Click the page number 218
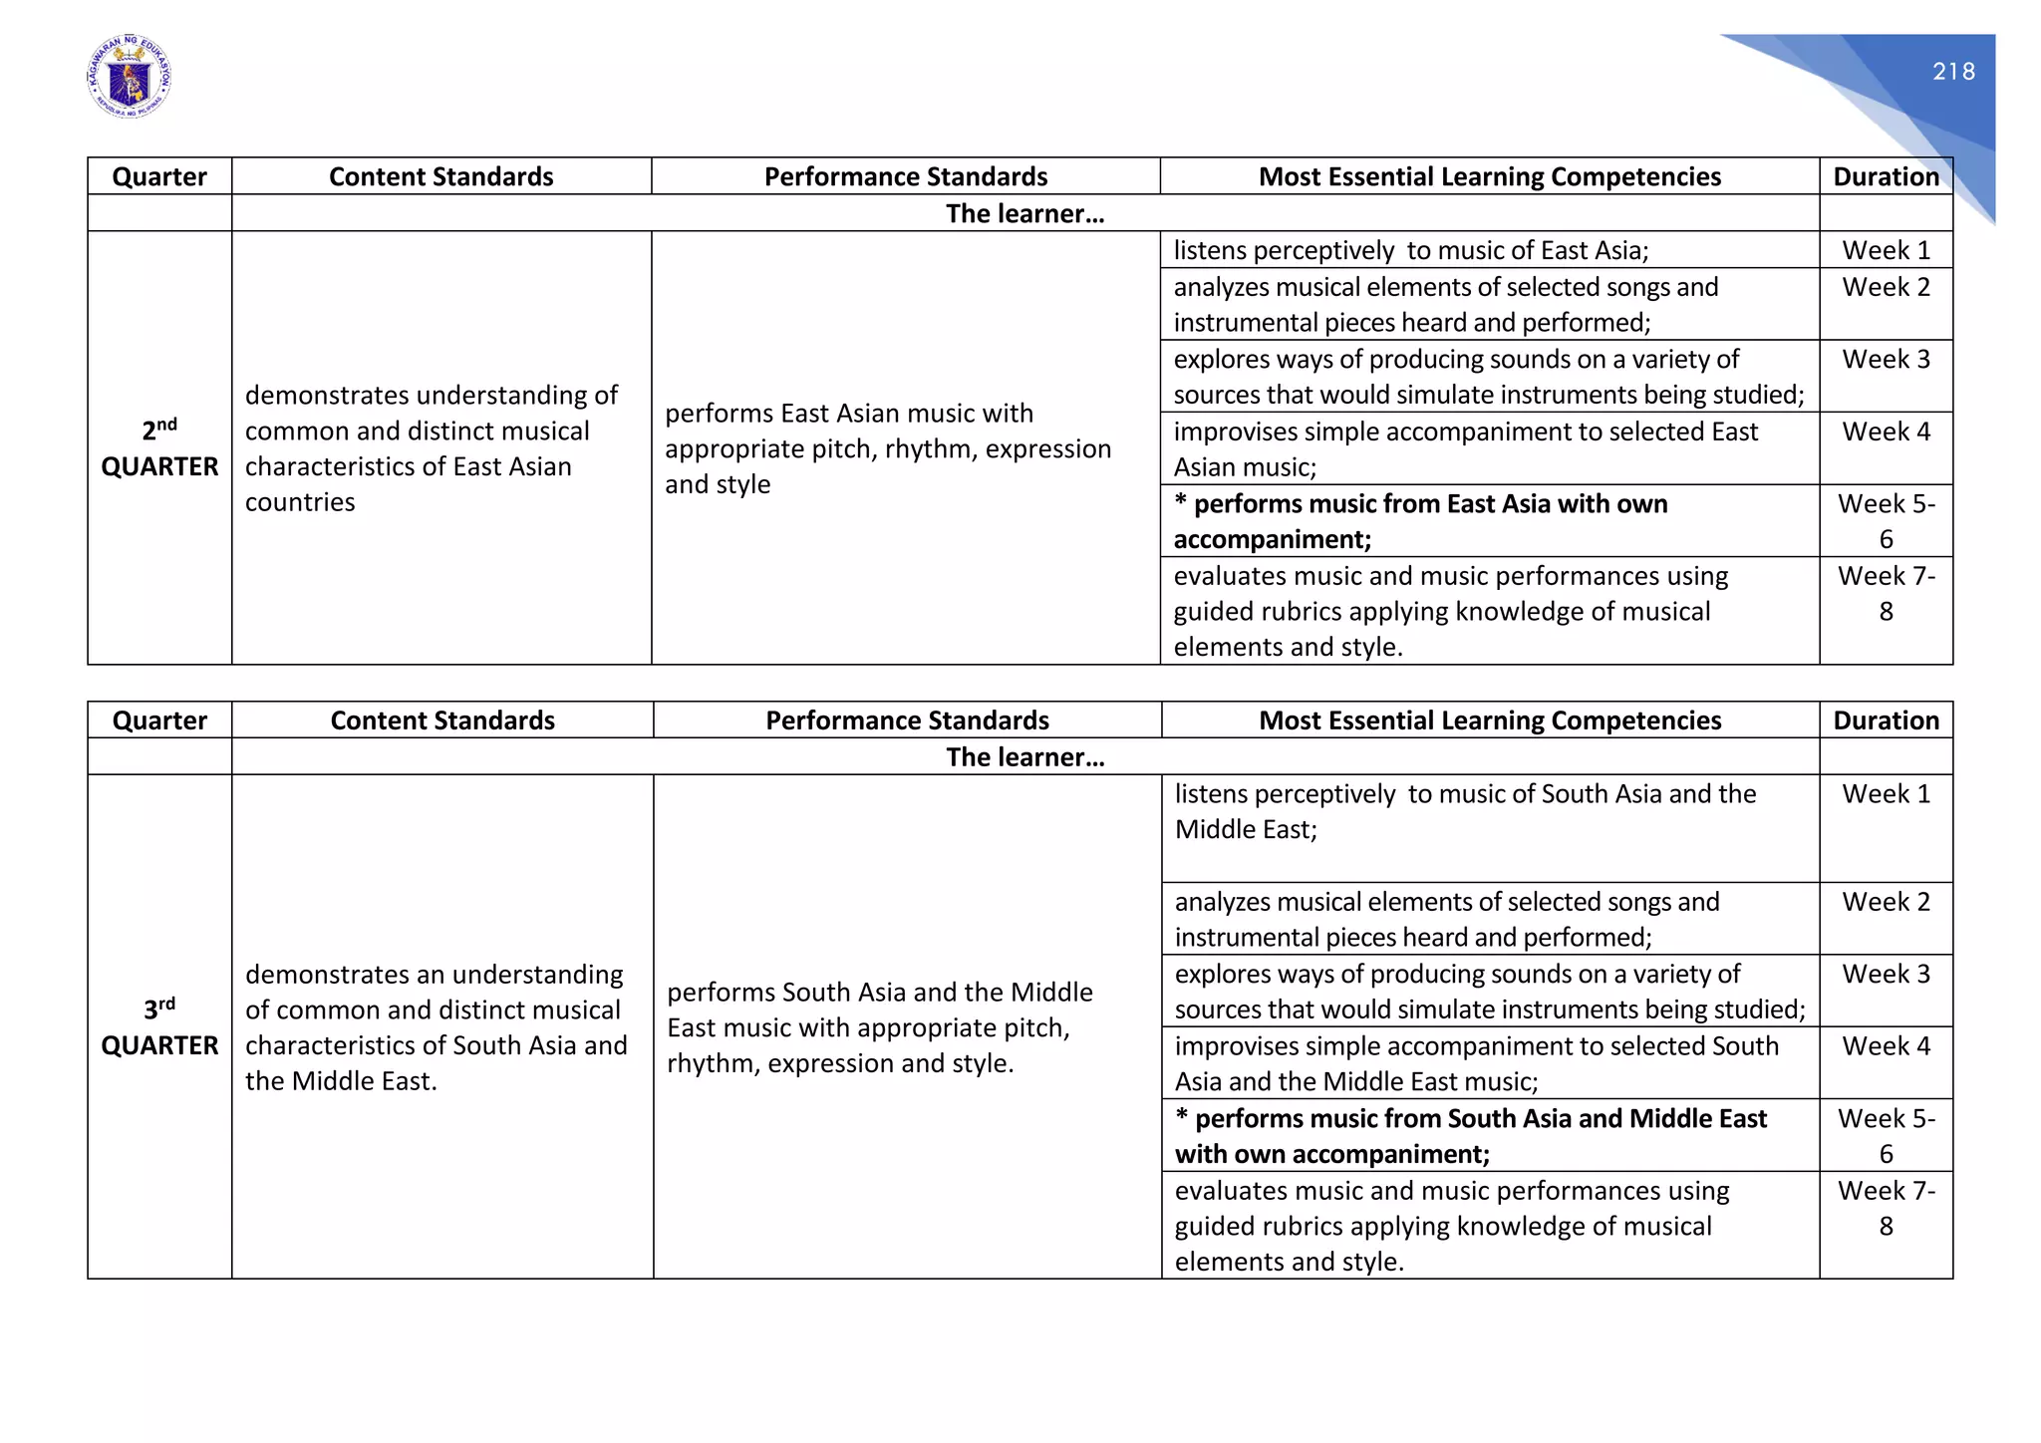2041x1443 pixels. tap(1953, 72)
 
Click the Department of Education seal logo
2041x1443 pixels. tap(130, 77)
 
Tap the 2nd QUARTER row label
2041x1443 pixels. tap(159, 448)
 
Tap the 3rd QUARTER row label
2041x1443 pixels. tap(159, 1027)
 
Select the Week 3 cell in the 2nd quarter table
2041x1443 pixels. tap(1886, 360)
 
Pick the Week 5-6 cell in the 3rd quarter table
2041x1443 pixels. tap(1886, 1135)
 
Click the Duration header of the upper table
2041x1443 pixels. tap(1886, 176)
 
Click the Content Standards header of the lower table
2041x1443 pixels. tap(442, 721)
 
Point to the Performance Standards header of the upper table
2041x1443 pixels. tap(905, 176)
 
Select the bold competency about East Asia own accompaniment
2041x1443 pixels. tap(1420, 521)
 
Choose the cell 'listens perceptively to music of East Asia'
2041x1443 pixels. tap(1410, 250)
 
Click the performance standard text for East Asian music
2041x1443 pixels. tap(887, 448)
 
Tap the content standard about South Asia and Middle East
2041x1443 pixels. tap(437, 1027)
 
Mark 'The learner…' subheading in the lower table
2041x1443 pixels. tap(1024, 757)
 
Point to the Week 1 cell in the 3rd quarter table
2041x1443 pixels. tap(1886, 794)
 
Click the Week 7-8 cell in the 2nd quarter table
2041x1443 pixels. tap(1886, 594)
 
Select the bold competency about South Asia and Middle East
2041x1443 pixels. tap(1470, 1136)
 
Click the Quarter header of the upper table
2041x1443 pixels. tap(159, 176)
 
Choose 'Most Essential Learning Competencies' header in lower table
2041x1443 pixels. tap(1490, 721)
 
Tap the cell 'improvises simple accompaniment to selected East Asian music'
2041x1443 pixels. tap(1465, 449)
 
